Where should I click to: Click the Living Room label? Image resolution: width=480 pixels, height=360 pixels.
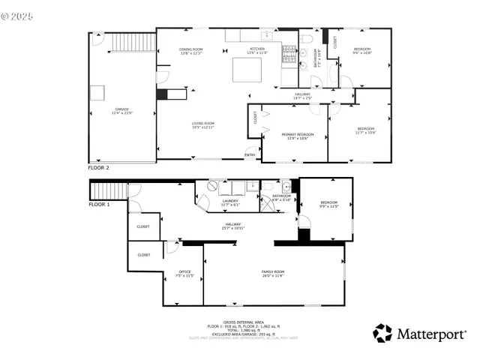(x=203, y=124)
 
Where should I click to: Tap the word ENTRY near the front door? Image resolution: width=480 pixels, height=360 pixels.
(x=250, y=155)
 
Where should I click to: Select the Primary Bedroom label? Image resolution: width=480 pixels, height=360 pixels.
(x=298, y=136)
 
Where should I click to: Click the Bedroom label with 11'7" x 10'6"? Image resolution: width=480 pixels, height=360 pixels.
(x=366, y=130)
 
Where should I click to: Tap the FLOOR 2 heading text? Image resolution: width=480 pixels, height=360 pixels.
(x=99, y=169)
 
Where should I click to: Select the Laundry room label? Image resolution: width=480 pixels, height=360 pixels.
(x=230, y=202)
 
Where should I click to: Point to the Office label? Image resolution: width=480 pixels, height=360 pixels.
(x=184, y=273)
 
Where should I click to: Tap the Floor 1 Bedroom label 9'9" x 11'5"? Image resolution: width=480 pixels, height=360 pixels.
(x=329, y=203)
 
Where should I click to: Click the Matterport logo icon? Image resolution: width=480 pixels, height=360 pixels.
(x=383, y=333)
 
